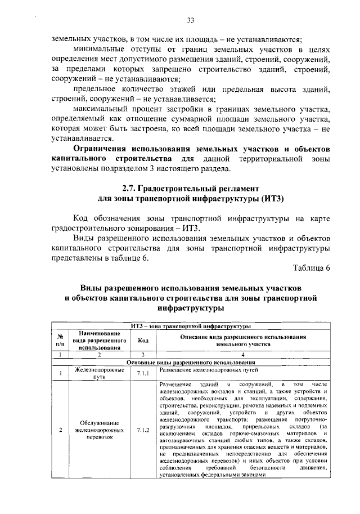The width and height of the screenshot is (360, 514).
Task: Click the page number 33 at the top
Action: (x=190, y=21)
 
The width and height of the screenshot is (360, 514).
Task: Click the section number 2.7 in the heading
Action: (x=130, y=187)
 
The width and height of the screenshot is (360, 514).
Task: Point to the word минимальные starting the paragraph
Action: (x=100, y=49)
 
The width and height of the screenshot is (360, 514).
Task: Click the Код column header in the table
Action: (x=142, y=340)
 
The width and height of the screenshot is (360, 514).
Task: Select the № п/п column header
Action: (x=60, y=340)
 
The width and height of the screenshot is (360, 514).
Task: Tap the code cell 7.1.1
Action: (x=142, y=373)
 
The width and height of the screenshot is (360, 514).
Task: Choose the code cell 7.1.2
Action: (x=142, y=430)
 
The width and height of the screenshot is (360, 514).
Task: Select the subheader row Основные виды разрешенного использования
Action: (x=191, y=361)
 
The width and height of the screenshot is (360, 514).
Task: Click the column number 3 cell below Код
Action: (x=142, y=355)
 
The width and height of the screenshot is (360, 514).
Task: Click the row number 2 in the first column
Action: (x=60, y=430)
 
